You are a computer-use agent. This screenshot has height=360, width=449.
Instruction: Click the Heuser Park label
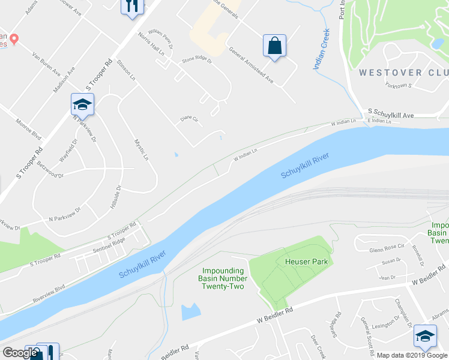coord(304,261)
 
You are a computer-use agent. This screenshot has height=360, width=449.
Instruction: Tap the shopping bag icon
coord(274,46)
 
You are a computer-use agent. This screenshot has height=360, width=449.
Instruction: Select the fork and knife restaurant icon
coord(131,6)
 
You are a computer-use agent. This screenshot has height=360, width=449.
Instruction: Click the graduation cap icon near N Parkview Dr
coord(82,105)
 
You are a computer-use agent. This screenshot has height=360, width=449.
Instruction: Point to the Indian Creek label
coord(321,49)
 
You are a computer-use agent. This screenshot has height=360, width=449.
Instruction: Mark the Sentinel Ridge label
coord(109,244)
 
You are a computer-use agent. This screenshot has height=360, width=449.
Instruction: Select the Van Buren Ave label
coord(46,62)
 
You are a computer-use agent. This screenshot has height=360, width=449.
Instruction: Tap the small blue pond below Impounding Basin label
coord(190,311)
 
